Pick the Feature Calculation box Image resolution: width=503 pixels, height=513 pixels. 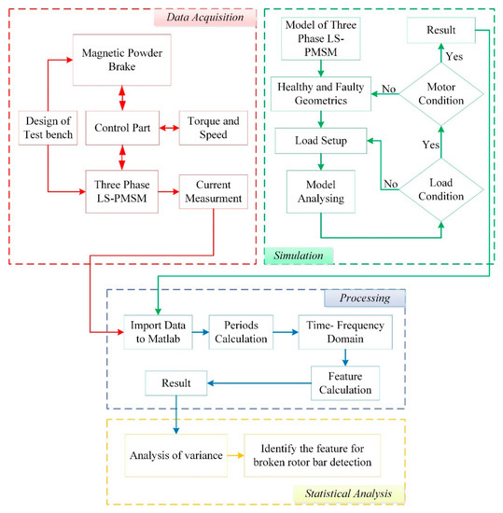tap(346, 382)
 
